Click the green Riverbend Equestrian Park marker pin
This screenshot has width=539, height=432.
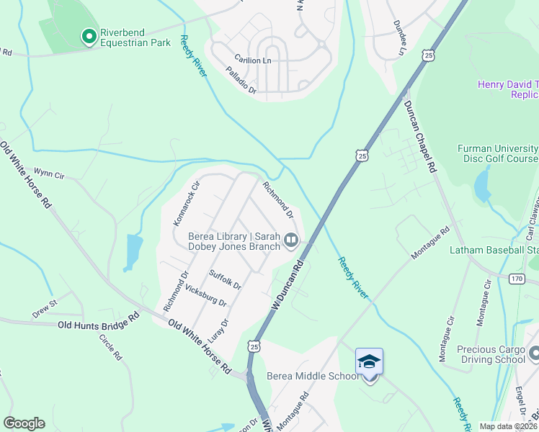(89, 36)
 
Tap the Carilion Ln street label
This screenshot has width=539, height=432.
(252, 61)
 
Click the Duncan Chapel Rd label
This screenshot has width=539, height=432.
(420, 135)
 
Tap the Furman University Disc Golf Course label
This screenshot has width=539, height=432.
(498, 153)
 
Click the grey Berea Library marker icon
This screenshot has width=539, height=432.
(291, 240)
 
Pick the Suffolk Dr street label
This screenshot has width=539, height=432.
(225, 279)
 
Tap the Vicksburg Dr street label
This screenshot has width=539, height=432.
(206, 294)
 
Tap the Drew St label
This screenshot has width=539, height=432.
(44, 309)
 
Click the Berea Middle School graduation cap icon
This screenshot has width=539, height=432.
(369, 361)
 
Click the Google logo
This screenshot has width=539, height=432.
(24, 423)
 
